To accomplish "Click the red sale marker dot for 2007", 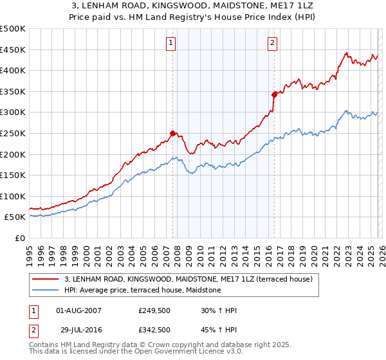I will coord(172,134).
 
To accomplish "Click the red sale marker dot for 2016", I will coord(274,94).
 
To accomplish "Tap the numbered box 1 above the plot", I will coord(171,43).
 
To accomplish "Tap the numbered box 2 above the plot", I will coord(273,43).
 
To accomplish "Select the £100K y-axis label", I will coord(13,196).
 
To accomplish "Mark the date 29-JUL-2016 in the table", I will coord(78,329).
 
